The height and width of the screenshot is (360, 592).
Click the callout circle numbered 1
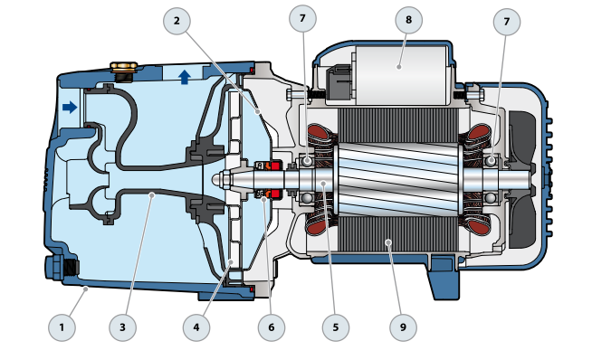pyautogui.click(x=62, y=327)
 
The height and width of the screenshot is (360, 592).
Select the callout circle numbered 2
pyautogui.click(x=177, y=21)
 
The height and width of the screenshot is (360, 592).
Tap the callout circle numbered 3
pyautogui.click(x=123, y=327)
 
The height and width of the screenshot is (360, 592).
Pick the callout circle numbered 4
pyautogui.click(x=196, y=327)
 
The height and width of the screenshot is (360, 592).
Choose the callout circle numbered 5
pyautogui.click(x=336, y=327)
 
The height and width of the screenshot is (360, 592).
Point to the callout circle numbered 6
pyautogui.click(x=272, y=327)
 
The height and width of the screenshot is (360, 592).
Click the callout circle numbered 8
pyautogui.click(x=409, y=20)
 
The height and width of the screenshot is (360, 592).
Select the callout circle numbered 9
pyautogui.click(x=403, y=327)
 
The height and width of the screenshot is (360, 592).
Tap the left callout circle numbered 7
pyautogui.click(x=302, y=18)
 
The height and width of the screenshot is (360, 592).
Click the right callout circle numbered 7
pyautogui.click(x=507, y=22)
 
